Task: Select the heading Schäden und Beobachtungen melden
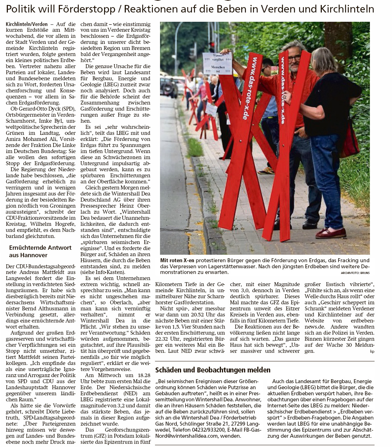coord(212,370)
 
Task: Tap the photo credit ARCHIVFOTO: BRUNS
coord(350,273)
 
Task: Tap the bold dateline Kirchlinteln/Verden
coord(27,24)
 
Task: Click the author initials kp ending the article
coord(372,351)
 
